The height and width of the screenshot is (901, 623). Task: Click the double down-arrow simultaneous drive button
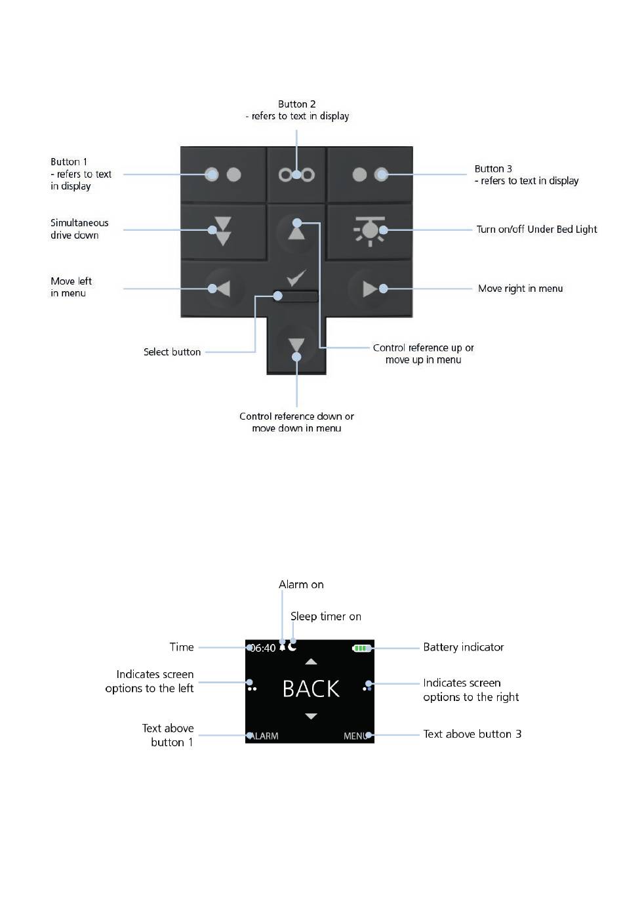[223, 230]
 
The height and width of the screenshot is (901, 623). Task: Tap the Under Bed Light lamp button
[370, 230]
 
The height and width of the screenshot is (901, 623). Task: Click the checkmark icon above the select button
[296, 278]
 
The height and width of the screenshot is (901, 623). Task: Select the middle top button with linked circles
[296, 174]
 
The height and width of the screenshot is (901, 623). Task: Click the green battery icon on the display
[362, 648]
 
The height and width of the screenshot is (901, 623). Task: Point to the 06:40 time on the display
[263, 648]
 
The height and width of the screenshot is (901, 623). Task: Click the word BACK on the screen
[311, 689]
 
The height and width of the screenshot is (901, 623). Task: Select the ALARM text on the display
[264, 736]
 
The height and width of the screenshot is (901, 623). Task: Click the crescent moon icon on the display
[292, 647]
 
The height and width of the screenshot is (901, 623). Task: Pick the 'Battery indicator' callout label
[463, 647]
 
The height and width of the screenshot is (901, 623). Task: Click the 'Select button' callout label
[172, 352]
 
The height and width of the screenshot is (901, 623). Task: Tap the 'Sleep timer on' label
[325, 616]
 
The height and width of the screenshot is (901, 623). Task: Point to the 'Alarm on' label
[301, 584]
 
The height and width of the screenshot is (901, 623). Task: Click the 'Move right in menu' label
[520, 289]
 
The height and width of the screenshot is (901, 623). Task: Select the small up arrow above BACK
[311, 662]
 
